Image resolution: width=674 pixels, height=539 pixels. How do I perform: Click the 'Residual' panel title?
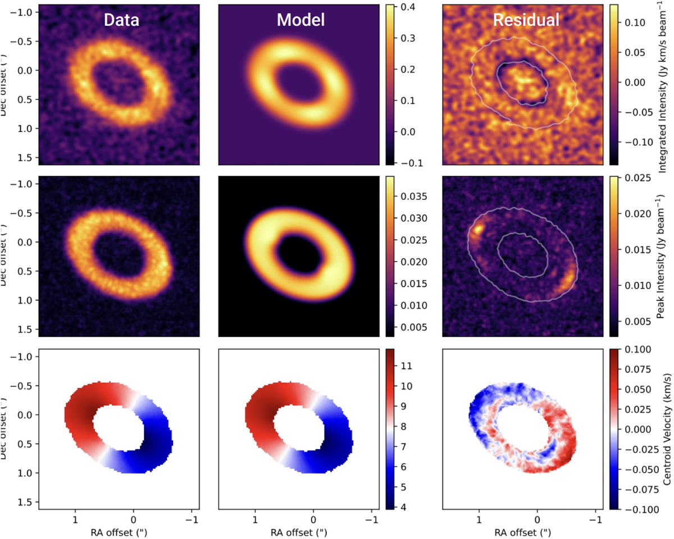[526, 21]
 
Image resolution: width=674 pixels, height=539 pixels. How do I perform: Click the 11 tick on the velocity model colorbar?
[406, 366]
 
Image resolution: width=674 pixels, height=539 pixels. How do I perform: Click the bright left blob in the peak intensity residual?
[478, 229]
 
